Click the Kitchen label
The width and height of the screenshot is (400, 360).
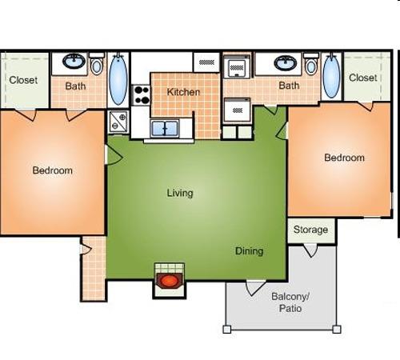[x=183, y=92]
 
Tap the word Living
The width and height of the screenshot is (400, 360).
[x=180, y=193]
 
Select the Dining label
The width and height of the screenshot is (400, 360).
[x=250, y=251]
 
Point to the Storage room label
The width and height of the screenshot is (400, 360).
[x=310, y=230]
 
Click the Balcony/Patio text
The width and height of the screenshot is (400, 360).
[x=290, y=302]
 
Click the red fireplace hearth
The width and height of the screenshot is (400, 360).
[x=170, y=281]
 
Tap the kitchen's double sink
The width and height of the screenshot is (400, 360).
[x=165, y=128]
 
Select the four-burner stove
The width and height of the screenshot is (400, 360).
[x=142, y=95]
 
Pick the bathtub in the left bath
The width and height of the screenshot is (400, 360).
[x=118, y=78]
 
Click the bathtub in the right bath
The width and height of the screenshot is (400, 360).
[x=331, y=76]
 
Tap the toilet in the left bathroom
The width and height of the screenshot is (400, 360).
[x=97, y=64]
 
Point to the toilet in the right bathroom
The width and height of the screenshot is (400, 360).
[x=311, y=64]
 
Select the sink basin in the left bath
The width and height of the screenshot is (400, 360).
[x=74, y=61]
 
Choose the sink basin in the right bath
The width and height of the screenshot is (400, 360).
[x=286, y=63]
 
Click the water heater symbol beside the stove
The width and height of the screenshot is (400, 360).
[x=118, y=122]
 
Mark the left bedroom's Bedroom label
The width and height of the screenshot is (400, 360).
[x=53, y=170]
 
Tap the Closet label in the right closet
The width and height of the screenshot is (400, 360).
[x=363, y=78]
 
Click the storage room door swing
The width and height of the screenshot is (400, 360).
[x=311, y=250]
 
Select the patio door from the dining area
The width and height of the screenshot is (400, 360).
[x=254, y=288]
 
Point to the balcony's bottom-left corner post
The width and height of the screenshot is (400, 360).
[x=226, y=330]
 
